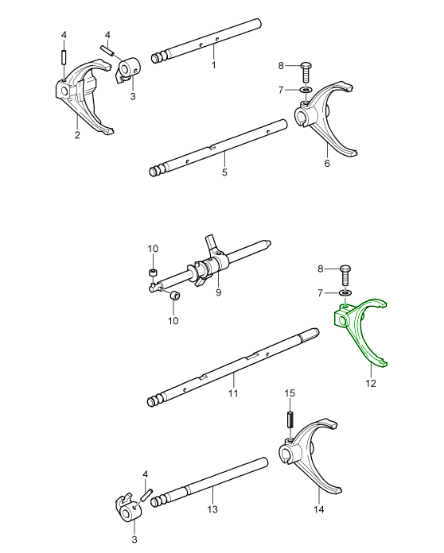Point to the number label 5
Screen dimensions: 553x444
click(224, 172)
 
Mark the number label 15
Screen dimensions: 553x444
click(290, 393)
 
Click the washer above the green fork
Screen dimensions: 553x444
click(345, 292)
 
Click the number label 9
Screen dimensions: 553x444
click(218, 292)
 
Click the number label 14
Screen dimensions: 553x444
click(320, 509)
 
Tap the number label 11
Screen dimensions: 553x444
click(233, 393)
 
